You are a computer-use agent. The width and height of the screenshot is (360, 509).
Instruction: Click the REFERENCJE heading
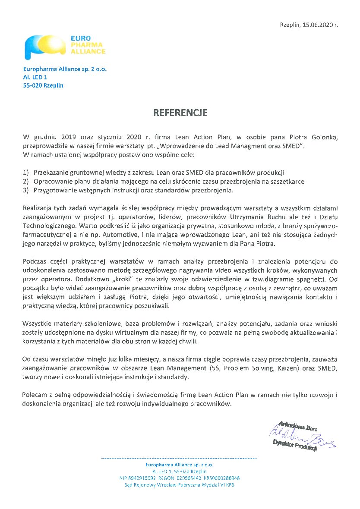[180, 113]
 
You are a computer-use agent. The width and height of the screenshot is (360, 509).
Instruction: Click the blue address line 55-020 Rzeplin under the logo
[43, 85]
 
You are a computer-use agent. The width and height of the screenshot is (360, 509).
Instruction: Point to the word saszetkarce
[288, 182]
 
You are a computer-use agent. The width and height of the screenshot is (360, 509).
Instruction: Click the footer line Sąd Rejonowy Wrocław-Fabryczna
[179, 485]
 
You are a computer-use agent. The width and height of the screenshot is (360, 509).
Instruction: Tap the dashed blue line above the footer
[179, 458]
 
